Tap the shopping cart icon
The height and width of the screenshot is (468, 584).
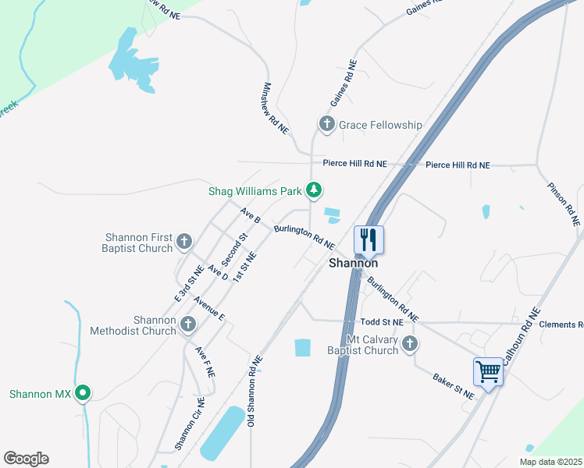[x=488, y=371]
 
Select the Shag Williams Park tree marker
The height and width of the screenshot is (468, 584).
[x=313, y=190]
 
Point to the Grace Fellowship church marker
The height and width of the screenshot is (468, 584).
[x=326, y=124]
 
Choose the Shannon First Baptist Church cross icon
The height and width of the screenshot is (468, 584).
[x=183, y=242]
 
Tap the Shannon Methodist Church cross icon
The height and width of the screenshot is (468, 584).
[x=187, y=324]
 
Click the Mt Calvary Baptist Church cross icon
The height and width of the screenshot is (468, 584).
[x=410, y=344]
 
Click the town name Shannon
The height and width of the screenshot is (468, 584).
[x=353, y=264]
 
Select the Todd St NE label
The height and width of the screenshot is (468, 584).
[x=382, y=321]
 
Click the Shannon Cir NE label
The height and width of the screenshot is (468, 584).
[x=190, y=424]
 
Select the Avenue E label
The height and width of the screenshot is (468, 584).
[x=209, y=308]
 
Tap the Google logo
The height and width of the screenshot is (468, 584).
[x=26, y=459]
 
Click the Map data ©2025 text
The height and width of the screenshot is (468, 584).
[x=550, y=462]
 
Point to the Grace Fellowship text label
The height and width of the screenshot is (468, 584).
[x=380, y=125]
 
